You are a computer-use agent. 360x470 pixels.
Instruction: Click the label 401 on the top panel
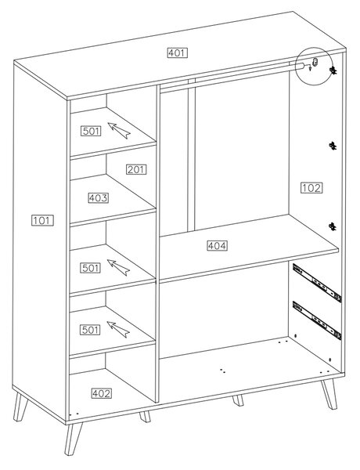tap(178, 53)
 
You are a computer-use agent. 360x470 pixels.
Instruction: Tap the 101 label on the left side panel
tap(42, 221)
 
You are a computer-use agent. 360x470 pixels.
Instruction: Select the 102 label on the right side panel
tap(311, 188)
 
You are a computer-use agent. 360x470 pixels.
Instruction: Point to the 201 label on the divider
tap(136, 170)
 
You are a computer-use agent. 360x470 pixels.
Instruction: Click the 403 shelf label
tap(99, 198)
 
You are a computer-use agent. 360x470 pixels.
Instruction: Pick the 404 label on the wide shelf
tap(217, 246)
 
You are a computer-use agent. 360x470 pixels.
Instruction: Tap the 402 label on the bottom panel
tap(102, 393)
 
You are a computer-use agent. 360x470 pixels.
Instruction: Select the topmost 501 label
tap(91, 131)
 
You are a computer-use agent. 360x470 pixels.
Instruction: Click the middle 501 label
tap(90, 268)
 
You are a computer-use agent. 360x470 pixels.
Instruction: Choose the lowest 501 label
tap(90, 330)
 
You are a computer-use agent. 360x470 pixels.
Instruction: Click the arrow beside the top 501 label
tap(119, 130)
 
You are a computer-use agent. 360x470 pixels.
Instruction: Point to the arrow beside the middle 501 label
tap(118, 267)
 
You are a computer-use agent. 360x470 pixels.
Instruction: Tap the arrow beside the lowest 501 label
tap(118, 330)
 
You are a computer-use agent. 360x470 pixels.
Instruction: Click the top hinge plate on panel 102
tap(333, 70)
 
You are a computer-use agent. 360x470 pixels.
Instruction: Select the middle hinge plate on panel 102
tap(333, 146)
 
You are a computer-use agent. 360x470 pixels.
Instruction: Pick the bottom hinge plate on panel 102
tap(333, 226)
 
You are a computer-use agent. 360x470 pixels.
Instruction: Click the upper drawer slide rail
tap(317, 283)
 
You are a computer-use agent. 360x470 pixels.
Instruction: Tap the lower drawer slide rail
tap(317, 320)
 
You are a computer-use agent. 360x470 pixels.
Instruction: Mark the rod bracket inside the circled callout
tap(315, 63)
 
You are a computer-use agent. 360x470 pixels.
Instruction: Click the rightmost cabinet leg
tap(329, 394)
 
